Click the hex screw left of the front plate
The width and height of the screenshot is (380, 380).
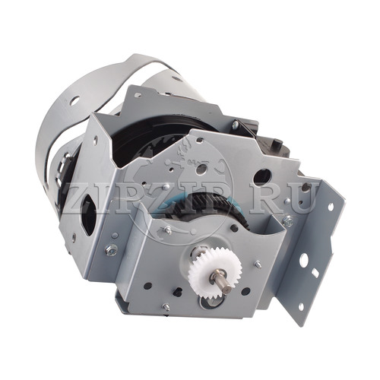(x=112, y=249)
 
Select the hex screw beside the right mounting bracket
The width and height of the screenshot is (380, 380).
(x=288, y=222)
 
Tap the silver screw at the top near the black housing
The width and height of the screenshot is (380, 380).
(x=236, y=124)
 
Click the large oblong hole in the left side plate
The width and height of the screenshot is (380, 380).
(x=88, y=215)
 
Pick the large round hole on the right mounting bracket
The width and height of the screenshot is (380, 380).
(x=304, y=259)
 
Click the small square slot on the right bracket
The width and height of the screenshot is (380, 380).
(x=316, y=273)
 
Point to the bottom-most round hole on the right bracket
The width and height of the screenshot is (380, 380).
(x=301, y=306)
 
